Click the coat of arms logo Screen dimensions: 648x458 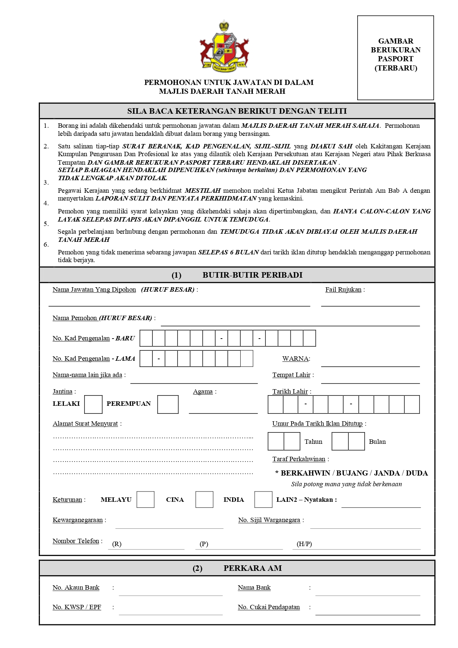click(224, 46)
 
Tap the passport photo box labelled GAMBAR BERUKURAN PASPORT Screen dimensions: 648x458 click(396, 58)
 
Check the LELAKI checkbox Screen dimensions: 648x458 click(93, 404)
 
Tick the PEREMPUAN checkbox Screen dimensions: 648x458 click(168, 404)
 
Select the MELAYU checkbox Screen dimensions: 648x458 click(145, 500)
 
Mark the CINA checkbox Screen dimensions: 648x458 click(204, 500)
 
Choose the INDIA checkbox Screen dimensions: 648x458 click(264, 500)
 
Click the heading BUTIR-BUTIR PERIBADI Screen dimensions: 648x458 click(252, 275)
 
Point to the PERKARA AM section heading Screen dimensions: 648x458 click(252, 568)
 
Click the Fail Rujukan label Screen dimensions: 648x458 click(343, 290)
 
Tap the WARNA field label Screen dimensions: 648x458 click(295, 359)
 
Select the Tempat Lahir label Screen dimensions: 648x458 click(291, 375)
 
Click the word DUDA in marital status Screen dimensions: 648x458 click(417, 473)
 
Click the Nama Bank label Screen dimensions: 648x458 click(254, 587)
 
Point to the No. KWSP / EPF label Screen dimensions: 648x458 click(77, 607)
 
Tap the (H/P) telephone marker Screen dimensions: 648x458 click(304, 544)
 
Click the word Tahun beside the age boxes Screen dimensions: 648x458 click(313, 442)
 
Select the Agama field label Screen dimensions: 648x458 click(203, 392)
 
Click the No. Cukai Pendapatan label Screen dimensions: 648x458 click(269, 607)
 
